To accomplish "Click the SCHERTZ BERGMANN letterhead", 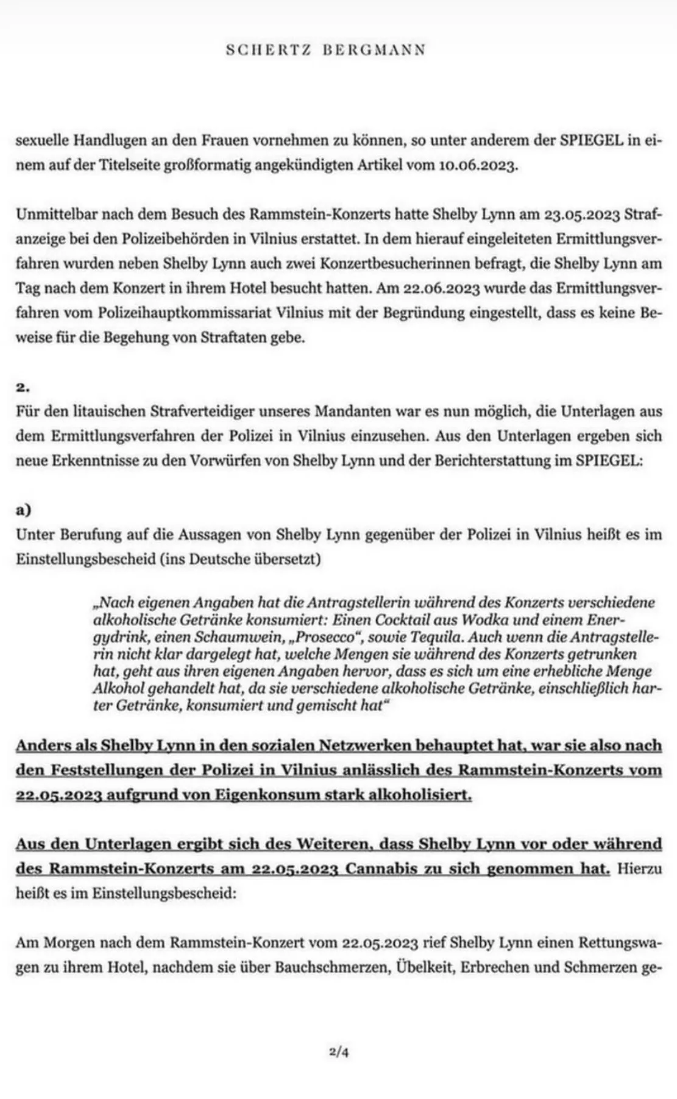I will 325,50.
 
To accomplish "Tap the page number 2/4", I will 339,1050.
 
